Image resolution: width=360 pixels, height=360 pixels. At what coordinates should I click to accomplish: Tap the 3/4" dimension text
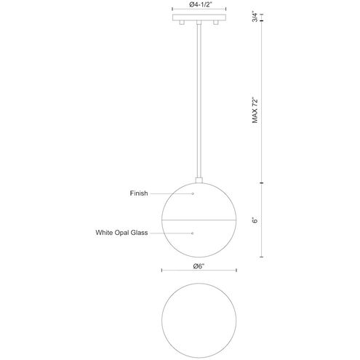[x=255, y=17]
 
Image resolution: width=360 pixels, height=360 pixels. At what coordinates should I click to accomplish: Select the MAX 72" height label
[x=255, y=111]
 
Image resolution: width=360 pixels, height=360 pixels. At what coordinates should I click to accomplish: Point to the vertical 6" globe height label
[x=255, y=220]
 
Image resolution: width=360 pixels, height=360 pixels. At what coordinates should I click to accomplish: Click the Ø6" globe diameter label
[x=199, y=266]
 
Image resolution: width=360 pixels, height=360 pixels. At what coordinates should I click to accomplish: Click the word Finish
[x=139, y=193]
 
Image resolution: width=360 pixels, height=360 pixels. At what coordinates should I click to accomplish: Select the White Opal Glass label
[x=121, y=233]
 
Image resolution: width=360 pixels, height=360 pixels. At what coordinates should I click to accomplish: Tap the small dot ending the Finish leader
[x=193, y=193]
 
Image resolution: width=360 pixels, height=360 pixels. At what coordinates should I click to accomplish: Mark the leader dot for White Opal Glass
[x=193, y=233]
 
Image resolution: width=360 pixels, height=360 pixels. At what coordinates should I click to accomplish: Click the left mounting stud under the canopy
[x=182, y=23]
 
